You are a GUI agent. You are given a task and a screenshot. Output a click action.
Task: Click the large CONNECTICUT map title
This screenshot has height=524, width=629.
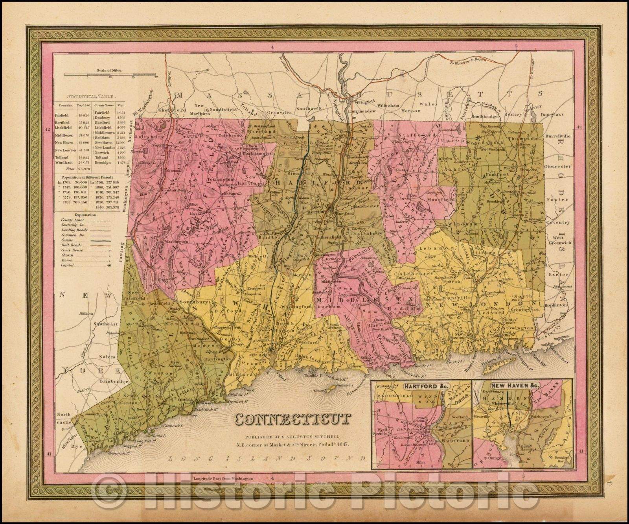click(x=292, y=419)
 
